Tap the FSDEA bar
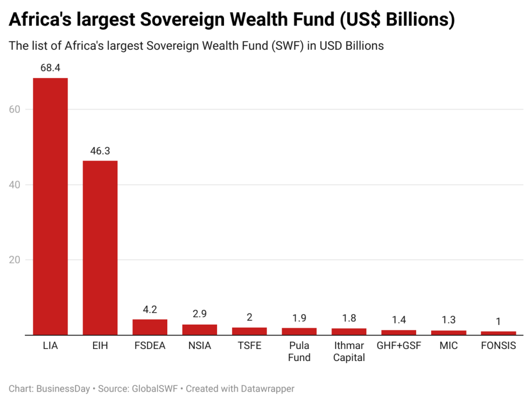click(150, 327)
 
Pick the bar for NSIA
click(199, 329)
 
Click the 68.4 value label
click(50, 69)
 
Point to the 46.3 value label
click(100, 151)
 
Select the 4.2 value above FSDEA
click(150, 310)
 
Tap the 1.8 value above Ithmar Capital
click(349, 318)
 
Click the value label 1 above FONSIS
click(498, 321)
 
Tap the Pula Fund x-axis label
click(299, 351)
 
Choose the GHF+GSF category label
click(398, 345)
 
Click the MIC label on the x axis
click(448, 345)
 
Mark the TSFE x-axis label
click(249, 345)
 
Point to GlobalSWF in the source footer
click(153, 388)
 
